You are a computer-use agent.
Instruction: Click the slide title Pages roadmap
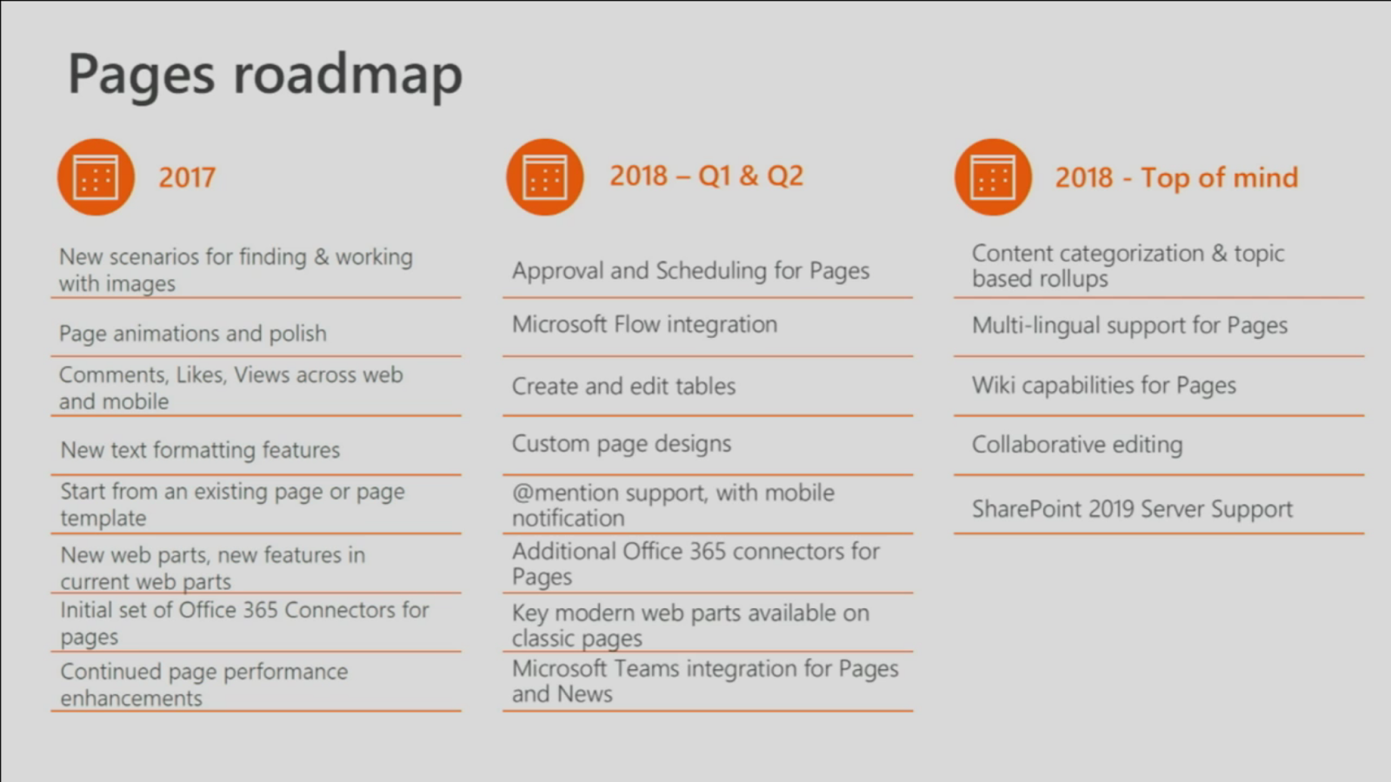(x=265, y=76)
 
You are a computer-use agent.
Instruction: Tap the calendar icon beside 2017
(x=97, y=177)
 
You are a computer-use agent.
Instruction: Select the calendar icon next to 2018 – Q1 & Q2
(x=544, y=177)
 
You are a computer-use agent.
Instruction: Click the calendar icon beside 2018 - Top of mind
(x=993, y=177)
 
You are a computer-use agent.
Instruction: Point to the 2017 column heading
(x=187, y=177)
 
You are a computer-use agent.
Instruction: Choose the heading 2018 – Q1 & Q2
(x=706, y=176)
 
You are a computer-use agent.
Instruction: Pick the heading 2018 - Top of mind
(x=1177, y=177)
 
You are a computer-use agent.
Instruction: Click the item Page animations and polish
(x=192, y=334)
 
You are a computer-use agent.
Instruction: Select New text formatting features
(x=200, y=450)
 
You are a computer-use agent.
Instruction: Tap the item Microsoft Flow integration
(x=644, y=324)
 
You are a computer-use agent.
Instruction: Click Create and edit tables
(x=623, y=386)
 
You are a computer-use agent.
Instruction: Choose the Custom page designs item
(x=622, y=444)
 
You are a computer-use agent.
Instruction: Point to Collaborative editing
(x=1077, y=445)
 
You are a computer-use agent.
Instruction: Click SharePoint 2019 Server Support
(x=1132, y=509)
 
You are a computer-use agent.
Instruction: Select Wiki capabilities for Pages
(x=1104, y=386)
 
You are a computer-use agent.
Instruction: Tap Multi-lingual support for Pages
(x=1129, y=326)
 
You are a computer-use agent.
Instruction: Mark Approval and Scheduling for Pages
(x=690, y=271)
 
